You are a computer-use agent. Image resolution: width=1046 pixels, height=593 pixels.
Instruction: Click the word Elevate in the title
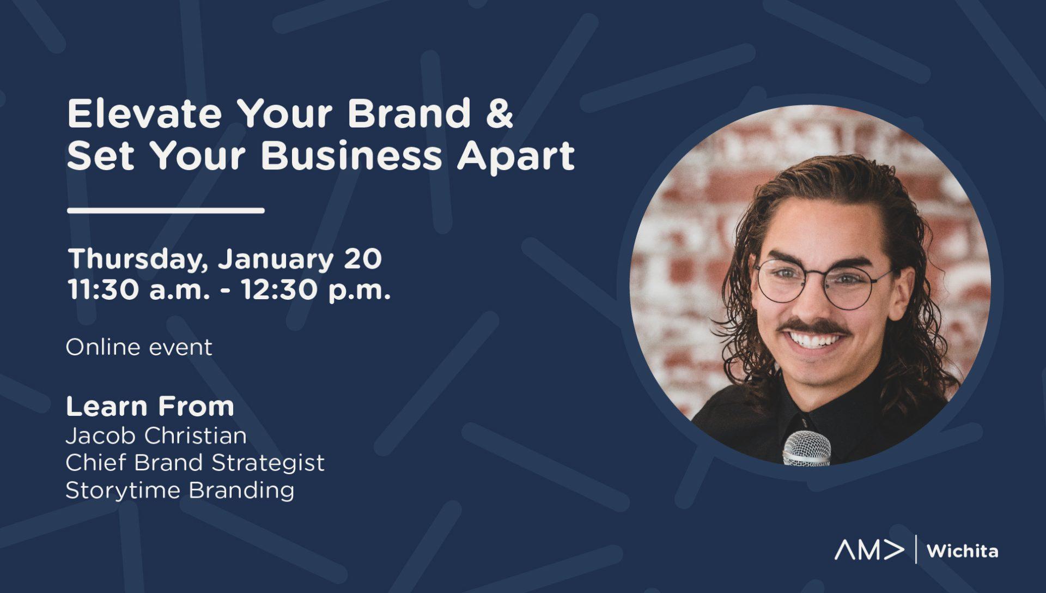click(144, 113)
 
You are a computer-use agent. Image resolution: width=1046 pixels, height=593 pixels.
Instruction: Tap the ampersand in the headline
click(499, 113)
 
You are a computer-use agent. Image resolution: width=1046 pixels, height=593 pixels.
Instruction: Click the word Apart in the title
click(515, 157)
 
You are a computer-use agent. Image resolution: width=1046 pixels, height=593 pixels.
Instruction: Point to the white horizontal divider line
click(166, 210)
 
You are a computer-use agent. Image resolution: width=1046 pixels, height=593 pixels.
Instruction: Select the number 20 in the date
click(363, 259)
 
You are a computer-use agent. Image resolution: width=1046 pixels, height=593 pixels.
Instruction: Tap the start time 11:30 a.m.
click(138, 290)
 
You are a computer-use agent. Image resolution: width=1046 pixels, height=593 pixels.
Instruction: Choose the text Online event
click(139, 347)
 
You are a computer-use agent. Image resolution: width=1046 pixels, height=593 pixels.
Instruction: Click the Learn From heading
click(150, 407)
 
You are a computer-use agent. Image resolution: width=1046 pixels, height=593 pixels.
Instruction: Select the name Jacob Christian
click(156, 435)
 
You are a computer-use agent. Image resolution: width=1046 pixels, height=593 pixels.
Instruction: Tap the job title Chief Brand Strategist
click(195, 463)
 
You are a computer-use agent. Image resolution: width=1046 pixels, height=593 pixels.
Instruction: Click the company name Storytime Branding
click(180, 491)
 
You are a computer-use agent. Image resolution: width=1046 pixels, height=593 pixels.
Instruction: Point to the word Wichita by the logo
click(962, 551)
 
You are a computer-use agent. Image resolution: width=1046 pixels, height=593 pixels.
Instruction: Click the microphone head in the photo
click(807, 448)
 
